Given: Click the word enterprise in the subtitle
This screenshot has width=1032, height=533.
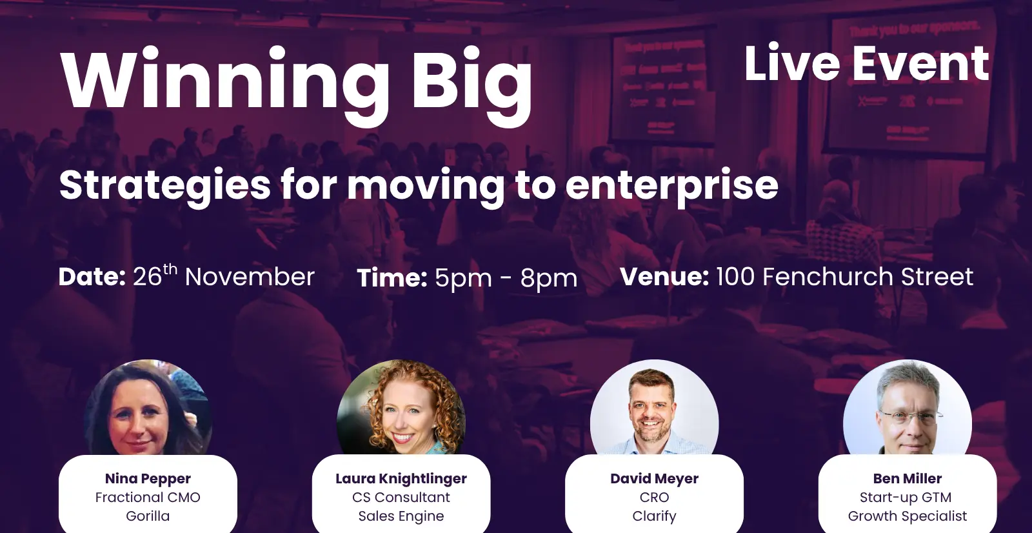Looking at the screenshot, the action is coord(671,187).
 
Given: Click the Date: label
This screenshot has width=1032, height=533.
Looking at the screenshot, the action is coord(92,277).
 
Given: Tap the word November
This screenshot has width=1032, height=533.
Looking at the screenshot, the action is coord(250,277).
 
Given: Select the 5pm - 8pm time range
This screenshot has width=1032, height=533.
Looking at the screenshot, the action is coord(506,279).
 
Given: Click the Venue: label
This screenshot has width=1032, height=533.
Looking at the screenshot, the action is coord(664,277).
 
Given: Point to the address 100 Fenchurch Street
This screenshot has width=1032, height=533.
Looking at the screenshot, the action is coord(845,277).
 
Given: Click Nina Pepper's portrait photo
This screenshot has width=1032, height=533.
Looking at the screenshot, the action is coord(148,408).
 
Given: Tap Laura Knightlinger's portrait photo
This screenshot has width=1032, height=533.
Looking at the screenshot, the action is coord(401,408).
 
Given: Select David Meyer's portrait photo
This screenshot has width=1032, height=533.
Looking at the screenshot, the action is coord(654,408).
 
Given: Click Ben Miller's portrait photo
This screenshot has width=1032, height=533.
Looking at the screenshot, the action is coord(908,408).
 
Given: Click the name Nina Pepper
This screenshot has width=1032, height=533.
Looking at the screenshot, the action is coord(148,479).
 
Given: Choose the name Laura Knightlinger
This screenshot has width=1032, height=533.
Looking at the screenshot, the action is coord(401,479).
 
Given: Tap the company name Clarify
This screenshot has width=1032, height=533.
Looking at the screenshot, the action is coord(654,516).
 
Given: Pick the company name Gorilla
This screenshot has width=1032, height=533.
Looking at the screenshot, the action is coord(148,516).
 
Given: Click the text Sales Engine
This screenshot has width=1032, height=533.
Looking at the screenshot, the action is coord(401,516).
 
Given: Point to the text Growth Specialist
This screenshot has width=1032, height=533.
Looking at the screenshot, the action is coord(908,516).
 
